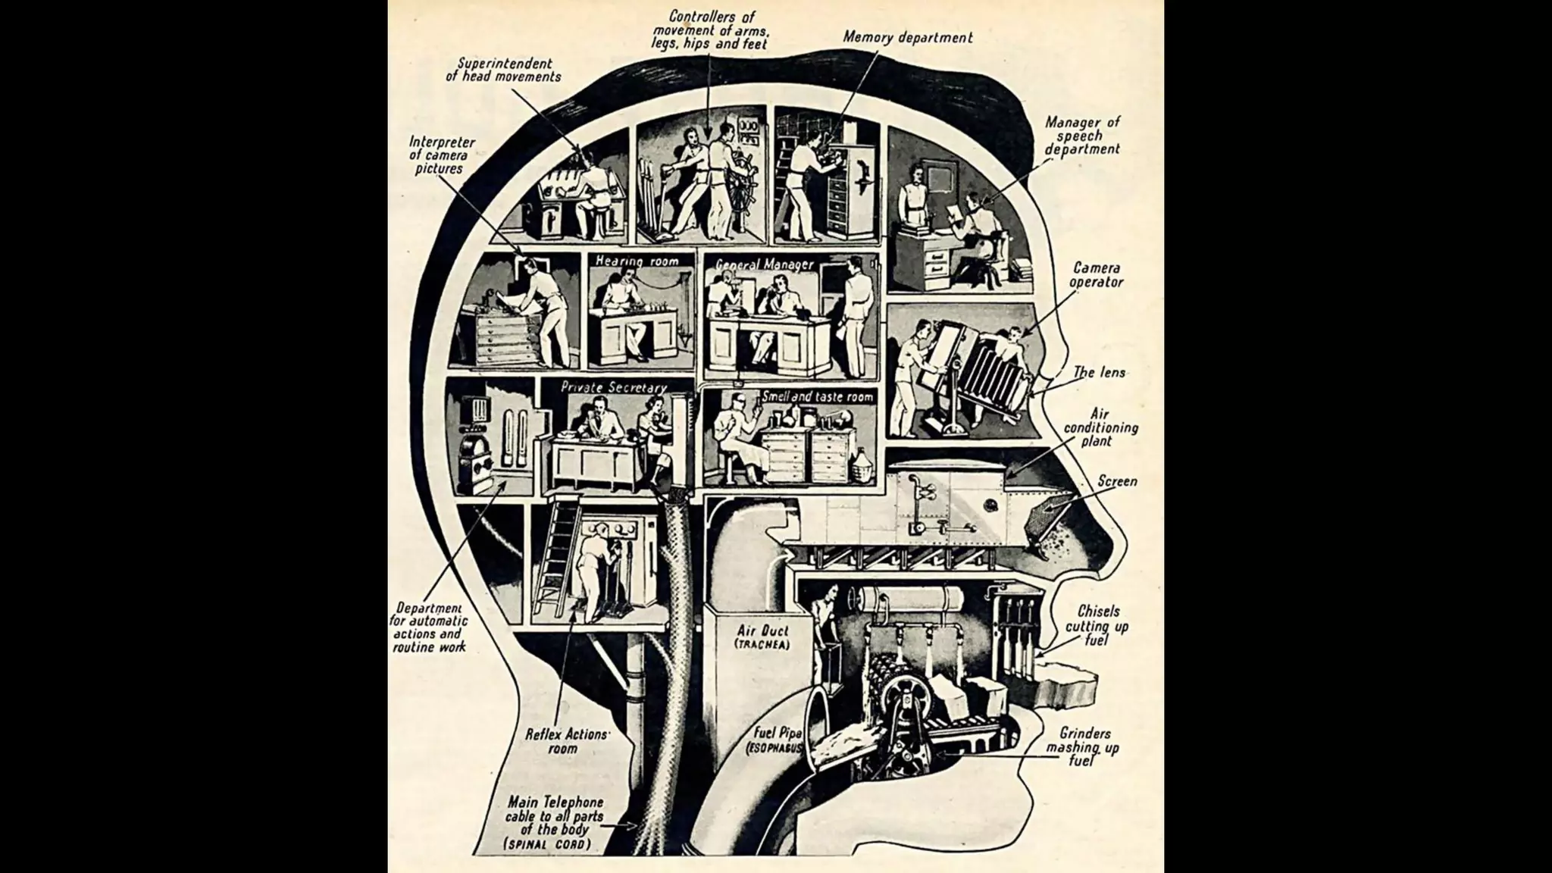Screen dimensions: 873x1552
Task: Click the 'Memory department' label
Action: (907, 36)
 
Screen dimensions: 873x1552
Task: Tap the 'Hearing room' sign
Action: (637, 261)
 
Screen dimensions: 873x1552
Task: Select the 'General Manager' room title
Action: (765, 264)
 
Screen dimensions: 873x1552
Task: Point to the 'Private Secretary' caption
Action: (614, 387)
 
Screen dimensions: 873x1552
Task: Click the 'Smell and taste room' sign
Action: (818, 396)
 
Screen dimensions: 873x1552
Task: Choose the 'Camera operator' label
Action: (1096, 274)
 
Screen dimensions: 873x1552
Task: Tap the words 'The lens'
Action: (1099, 372)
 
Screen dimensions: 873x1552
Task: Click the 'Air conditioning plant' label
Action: (1100, 427)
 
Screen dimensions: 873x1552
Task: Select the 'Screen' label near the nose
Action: (1117, 481)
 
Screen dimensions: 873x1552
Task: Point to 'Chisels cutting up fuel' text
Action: (1097, 625)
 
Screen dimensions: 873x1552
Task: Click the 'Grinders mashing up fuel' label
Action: (1084, 746)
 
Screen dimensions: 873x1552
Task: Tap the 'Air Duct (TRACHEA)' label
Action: (762, 637)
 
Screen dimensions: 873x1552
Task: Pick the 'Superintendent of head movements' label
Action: (503, 70)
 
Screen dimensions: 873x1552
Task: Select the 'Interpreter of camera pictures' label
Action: (441, 155)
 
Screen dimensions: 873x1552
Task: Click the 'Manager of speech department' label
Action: (1082, 135)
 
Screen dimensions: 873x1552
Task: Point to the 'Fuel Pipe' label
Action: (778, 734)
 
